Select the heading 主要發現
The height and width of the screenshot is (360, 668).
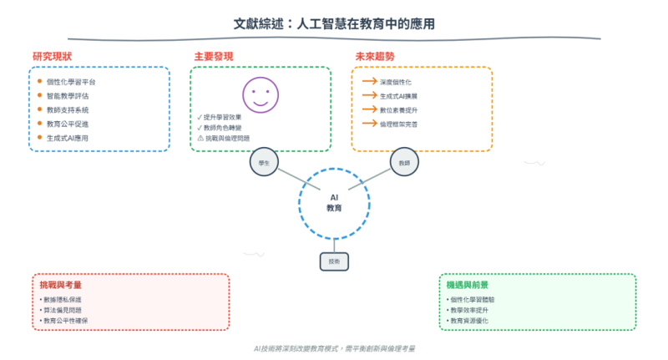click(213, 56)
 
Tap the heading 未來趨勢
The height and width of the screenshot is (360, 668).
click(375, 56)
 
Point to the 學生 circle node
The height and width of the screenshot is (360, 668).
click(264, 163)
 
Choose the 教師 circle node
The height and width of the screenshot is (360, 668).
click(404, 163)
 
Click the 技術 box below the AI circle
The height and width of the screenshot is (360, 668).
click(334, 261)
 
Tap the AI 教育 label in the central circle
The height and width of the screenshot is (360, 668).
click(334, 201)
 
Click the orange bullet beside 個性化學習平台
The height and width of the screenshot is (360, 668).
click(39, 82)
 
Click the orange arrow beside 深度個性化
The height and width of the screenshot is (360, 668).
click(369, 82)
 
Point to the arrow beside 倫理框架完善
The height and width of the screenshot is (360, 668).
click(369, 124)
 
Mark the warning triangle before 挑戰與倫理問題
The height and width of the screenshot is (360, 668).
click(200, 138)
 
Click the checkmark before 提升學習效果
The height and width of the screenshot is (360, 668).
click(199, 116)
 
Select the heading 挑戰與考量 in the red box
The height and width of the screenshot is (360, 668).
click(60, 285)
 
